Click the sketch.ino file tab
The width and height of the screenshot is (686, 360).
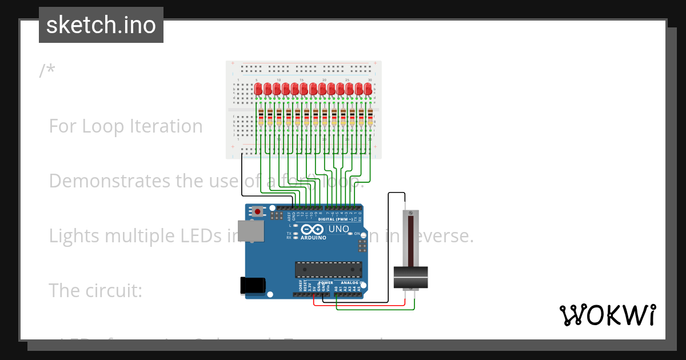click(x=101, y=25)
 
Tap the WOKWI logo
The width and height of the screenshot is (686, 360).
click(x=607, y=315)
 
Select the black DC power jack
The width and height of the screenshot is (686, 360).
click(x=253, y=285)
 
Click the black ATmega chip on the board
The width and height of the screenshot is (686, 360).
click(x=328, y=270)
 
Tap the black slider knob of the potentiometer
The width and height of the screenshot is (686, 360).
click(x=411, y=278)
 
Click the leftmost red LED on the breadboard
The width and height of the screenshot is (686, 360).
click(x=258, y=89)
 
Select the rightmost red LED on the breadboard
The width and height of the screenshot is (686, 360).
click(x=368, y=89)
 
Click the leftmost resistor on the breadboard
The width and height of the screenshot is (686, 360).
click(x=261, y=118)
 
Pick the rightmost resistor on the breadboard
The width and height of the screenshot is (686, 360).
click(x=370, y=118)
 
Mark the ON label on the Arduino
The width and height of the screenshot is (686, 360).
click(x=357, y=234)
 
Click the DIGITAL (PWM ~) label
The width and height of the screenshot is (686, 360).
click(x=335, y=219)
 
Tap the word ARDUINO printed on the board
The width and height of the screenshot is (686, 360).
click(x=313, y=237)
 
